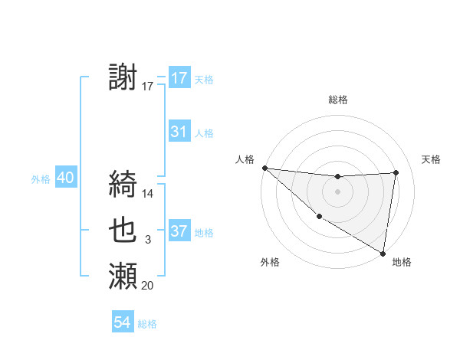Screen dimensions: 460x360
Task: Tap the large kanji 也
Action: (x=123, y=230)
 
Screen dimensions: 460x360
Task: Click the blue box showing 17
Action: (x=179, y=78)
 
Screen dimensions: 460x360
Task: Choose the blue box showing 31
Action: (x=179, y=132)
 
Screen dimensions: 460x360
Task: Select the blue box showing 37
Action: (x=179, y=231)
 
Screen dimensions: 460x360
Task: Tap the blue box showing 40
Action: (x=65, y=178)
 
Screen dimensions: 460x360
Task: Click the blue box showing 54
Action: (x=123, y=322)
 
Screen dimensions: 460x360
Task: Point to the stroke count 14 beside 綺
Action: (x=149, y=194)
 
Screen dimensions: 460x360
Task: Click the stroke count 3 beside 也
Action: (x=148, y=240)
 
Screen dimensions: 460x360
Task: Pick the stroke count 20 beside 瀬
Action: (x=148, y=286)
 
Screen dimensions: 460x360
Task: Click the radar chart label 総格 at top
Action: (x=338, y=100)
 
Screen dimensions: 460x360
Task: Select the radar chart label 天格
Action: (x=432, y=159)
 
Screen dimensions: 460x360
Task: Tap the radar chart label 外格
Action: (x=270, y=262)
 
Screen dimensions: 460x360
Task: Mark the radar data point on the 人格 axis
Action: (x=264, y=168)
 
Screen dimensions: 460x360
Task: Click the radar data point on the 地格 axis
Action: (x=383, y=253)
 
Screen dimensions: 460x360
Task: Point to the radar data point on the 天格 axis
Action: (x=396, y=172)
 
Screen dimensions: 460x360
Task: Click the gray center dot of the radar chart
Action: (x=337, y=191)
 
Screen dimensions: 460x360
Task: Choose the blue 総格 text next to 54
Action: (x=147, y=324)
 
